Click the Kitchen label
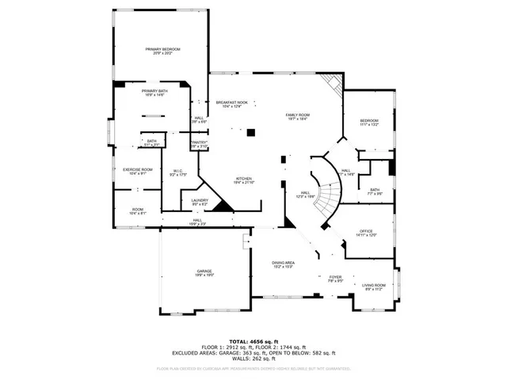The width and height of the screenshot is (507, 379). pyautogui.click(x=244, y=180)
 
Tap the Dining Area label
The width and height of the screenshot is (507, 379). pyautogui.click(x=284, y=263)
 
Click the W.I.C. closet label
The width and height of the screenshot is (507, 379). pyautogui.click(x=178, y=172)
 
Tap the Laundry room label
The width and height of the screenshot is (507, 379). pyautogui.click(x=200, y=202)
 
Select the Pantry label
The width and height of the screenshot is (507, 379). pyautogui.click(x=199, y=144)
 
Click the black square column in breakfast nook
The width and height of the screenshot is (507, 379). pyautogui.click(x=250, y=133)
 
